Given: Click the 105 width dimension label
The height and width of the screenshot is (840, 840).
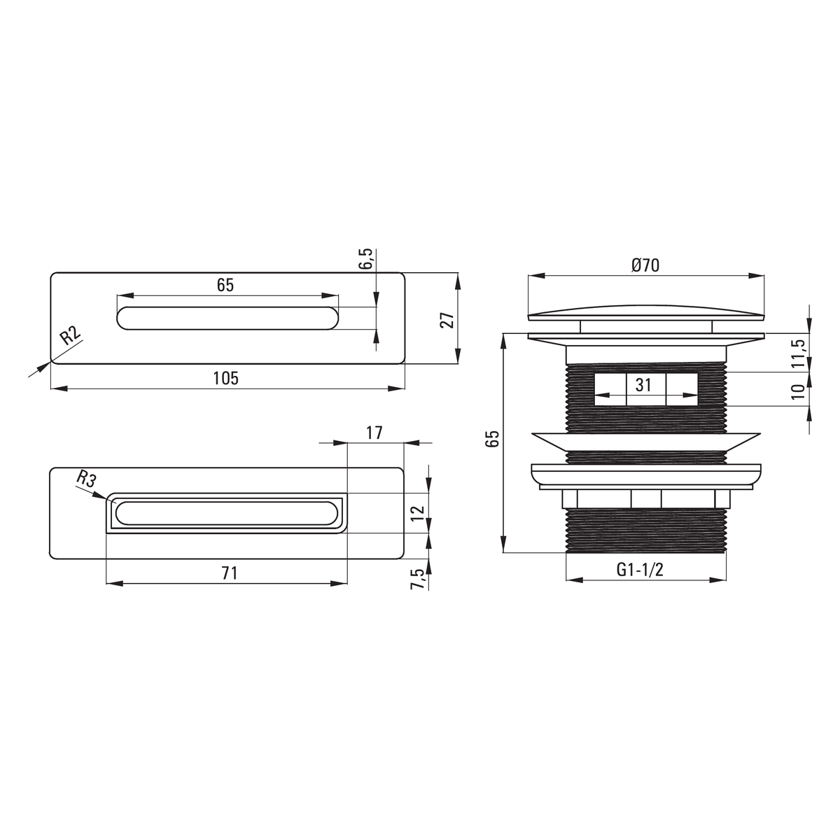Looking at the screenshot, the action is coord(226,378).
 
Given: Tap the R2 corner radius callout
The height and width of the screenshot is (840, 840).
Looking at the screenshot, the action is coord(71,336).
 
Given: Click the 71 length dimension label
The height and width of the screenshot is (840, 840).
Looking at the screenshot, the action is coord(230,573).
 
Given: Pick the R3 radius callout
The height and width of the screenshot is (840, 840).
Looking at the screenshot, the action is coord(85,479).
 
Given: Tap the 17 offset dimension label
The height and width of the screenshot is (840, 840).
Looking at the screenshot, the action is coord(374,433).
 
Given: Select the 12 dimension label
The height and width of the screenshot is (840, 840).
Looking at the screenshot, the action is coord(418,512).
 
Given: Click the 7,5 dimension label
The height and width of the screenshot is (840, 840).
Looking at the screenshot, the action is coord(418,579).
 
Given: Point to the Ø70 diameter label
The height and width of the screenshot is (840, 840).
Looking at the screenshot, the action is coord(645,265).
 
